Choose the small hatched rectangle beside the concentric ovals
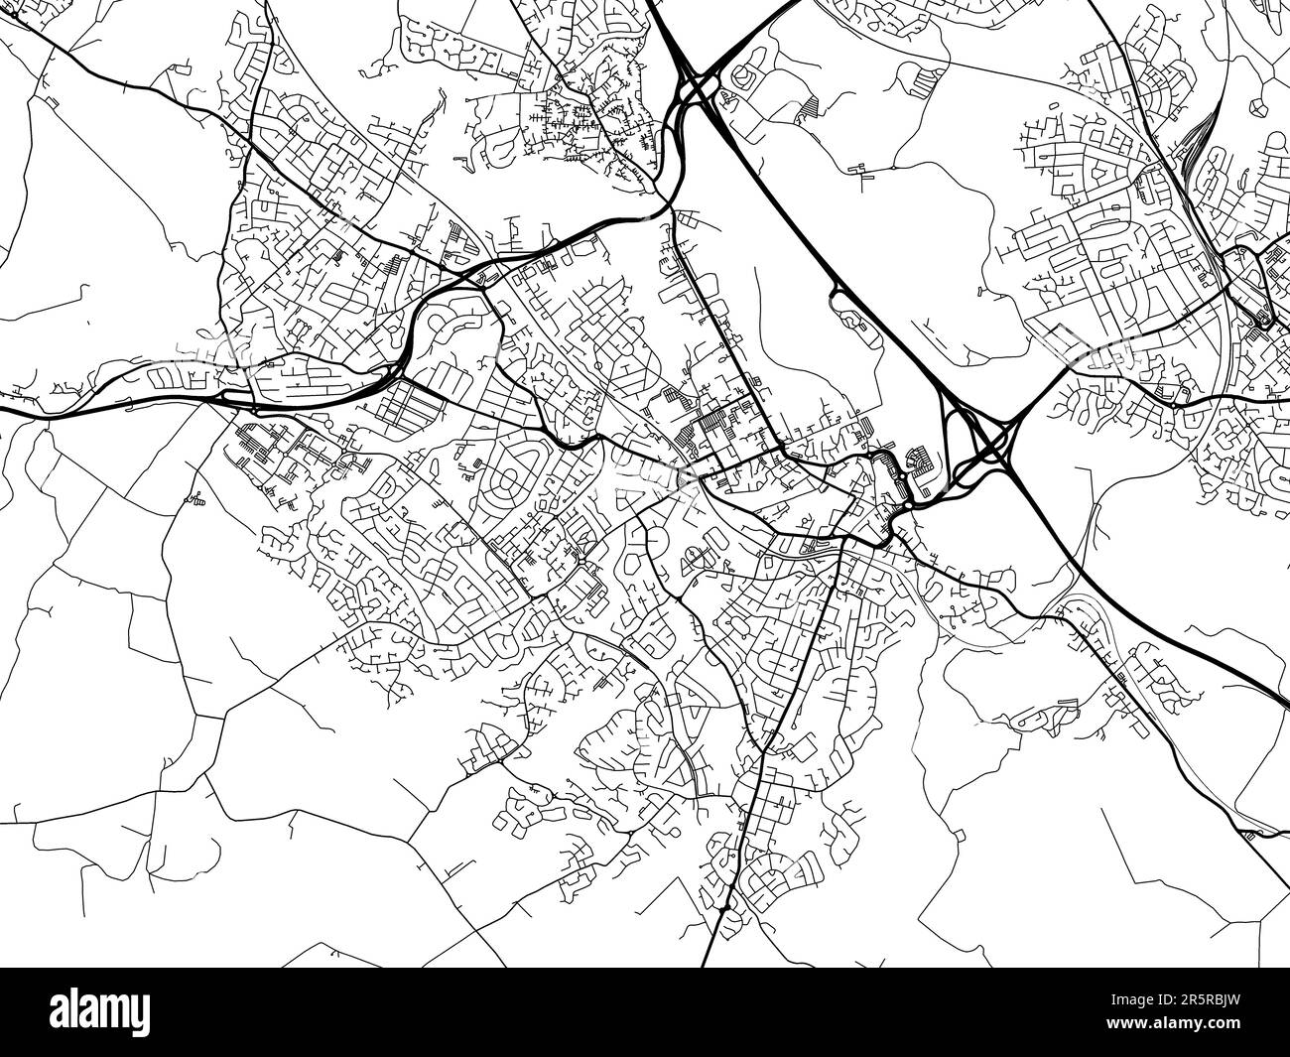coord(462,451)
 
